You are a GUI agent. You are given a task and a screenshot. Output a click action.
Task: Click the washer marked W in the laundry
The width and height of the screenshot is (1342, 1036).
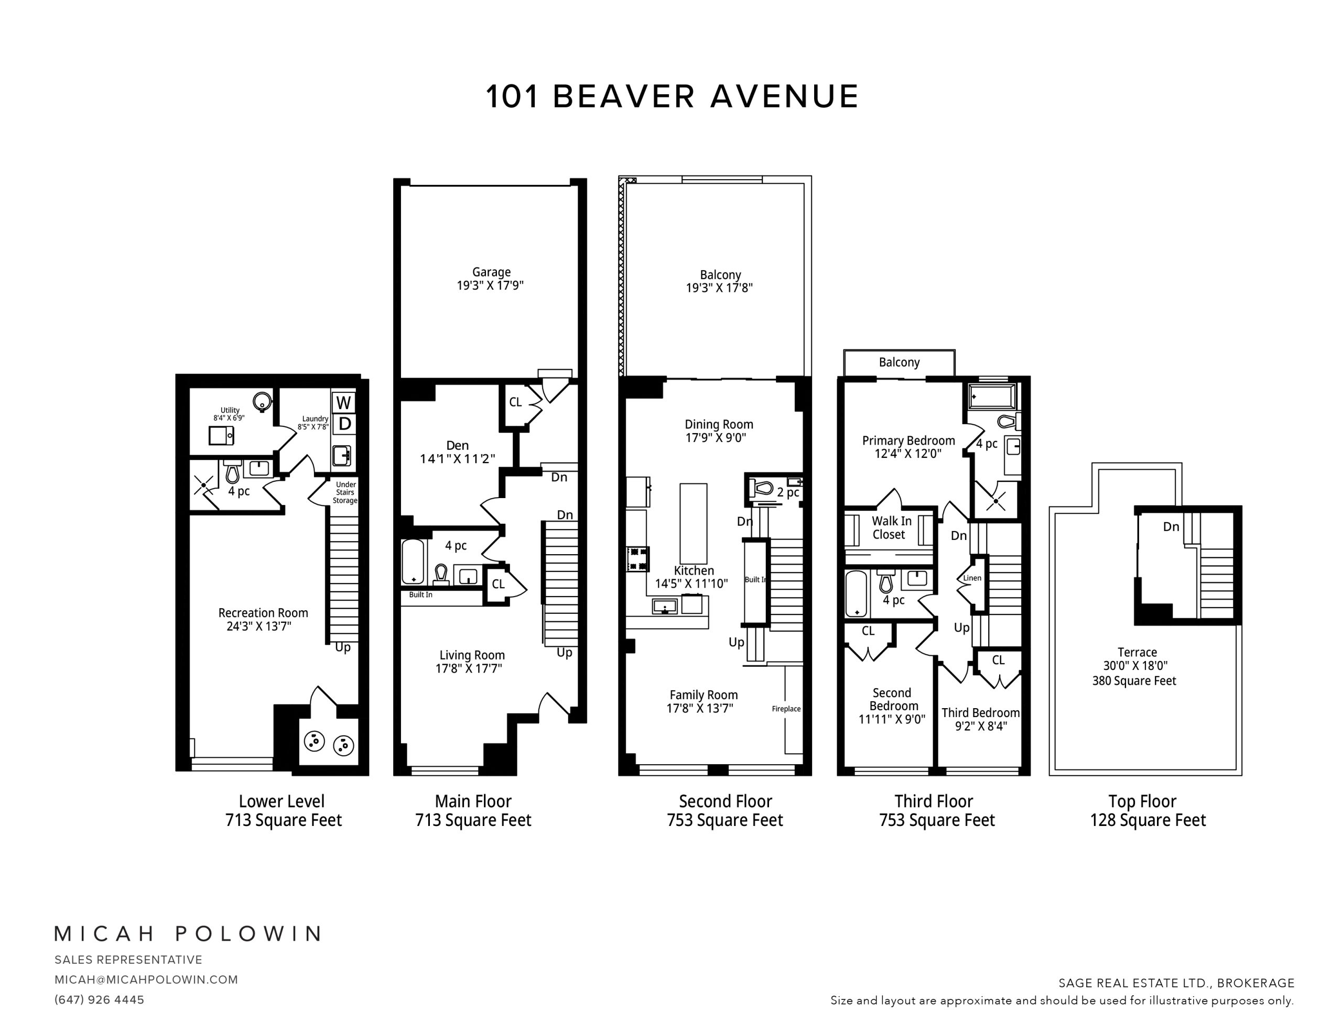coord(343,403)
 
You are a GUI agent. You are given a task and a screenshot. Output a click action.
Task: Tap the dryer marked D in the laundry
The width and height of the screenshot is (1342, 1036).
coord(344,424)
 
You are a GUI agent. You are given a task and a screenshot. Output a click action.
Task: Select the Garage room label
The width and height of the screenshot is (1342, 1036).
coord(491,272)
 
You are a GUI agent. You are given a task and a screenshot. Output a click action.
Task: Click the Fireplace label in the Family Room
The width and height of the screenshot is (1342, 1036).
coord(786,709)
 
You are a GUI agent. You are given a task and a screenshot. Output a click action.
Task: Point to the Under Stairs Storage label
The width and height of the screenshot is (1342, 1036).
coord(345,492)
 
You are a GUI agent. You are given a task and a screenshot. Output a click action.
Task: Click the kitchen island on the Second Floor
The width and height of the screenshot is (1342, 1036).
coord(693,524)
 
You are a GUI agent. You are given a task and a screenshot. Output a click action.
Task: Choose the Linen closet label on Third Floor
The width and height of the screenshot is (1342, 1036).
coord(972,578)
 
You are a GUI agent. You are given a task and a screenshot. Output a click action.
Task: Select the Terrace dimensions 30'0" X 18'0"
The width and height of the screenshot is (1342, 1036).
coord(1135,666)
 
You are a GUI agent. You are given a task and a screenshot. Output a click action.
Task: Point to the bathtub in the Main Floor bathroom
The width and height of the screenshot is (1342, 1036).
coord(413,562)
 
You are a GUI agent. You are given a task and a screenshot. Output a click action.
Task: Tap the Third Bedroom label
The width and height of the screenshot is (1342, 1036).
coord(981,713)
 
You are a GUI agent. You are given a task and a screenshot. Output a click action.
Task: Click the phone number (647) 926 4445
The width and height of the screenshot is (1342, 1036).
coord(100,1000)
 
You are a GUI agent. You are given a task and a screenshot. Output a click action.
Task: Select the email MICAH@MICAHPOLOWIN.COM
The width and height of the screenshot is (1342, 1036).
coord(146,979)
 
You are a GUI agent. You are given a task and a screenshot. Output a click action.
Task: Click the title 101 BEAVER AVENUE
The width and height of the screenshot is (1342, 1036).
coord(672,96)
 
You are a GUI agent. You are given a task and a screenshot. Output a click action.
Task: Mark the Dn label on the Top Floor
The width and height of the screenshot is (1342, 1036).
coord(1171,526)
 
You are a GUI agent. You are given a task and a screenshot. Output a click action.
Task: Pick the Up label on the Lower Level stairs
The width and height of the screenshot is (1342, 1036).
coord(343,648)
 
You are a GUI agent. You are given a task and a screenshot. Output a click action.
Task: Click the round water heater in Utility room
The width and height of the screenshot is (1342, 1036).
coord(263,402)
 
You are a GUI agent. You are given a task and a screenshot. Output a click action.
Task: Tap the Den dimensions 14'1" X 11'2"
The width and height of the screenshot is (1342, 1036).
coord(457,459)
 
